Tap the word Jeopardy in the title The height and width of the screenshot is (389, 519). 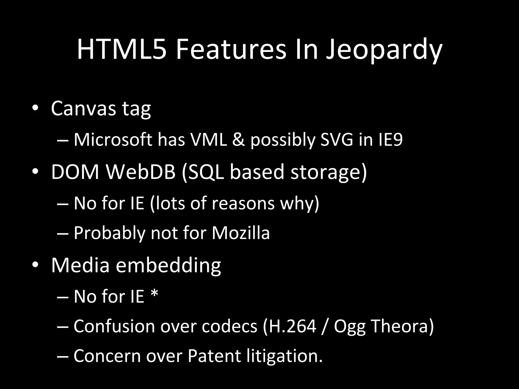[384, 51]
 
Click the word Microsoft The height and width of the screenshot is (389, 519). [113, 140]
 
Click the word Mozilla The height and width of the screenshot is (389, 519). [241, 233]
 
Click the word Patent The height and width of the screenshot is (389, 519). [214, 356]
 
